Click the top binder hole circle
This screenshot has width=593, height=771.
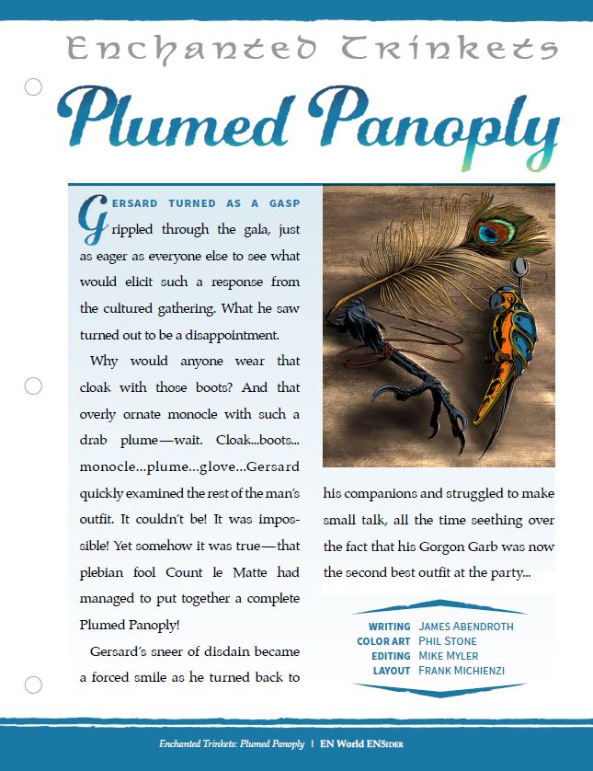point(33,86)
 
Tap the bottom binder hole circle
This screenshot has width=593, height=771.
point(33,685)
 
